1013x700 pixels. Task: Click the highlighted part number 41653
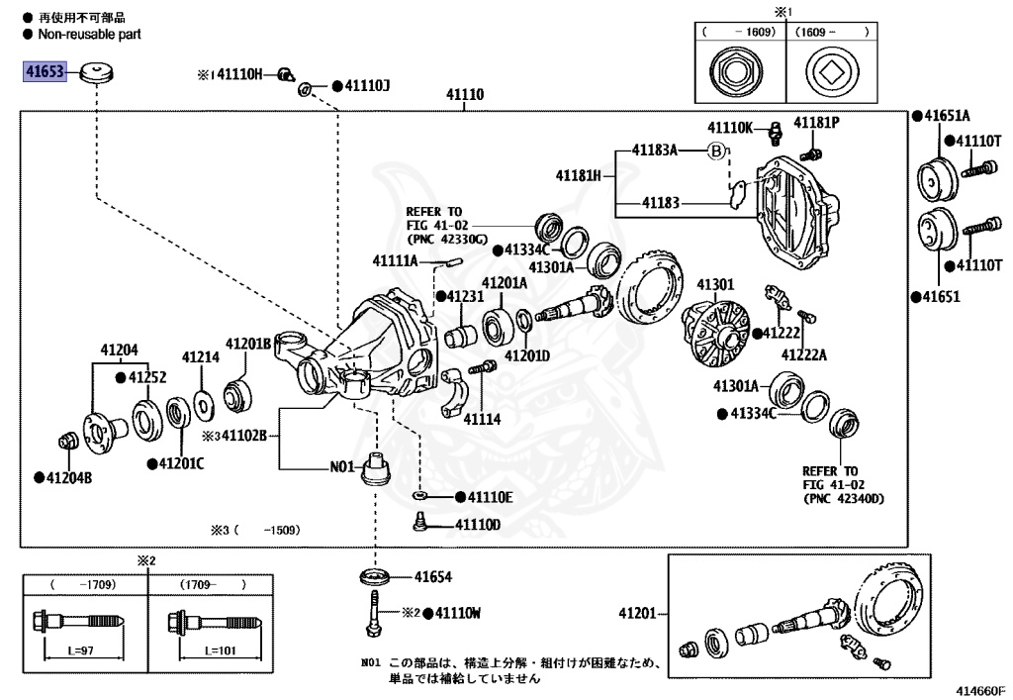point(45,72)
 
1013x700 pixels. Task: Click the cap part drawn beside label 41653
point(97,71)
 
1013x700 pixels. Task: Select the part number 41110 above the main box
point(465,96)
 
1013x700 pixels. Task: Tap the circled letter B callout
point(715,150)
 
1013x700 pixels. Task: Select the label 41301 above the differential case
point(715,285)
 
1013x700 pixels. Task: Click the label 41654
point(432,577)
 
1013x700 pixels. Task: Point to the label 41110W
point(457,614)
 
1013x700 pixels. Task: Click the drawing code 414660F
point(978,689)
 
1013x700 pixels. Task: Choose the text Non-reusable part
point(89,35)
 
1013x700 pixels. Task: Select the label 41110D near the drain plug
point(478,524)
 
